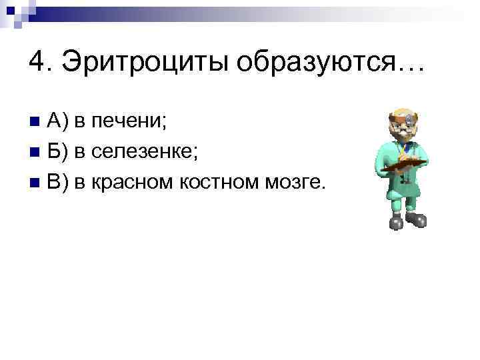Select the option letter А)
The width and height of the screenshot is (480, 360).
pos(58,121)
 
